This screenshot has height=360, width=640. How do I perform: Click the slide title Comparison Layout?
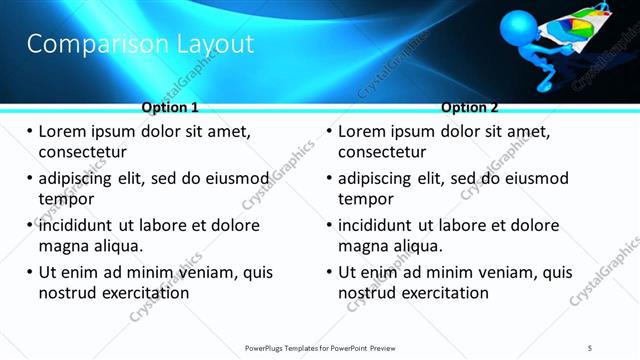click(x=140, y=44)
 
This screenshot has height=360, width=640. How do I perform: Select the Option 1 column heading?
click(x=170, y=107)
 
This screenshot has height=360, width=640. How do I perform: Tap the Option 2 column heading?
click(x=470, y=107)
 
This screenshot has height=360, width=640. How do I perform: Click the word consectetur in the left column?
click(x=83, y=152)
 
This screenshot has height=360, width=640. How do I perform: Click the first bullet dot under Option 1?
click(x=30, y=132)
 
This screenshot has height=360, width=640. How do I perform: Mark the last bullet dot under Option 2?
click(x=330, y=273)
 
